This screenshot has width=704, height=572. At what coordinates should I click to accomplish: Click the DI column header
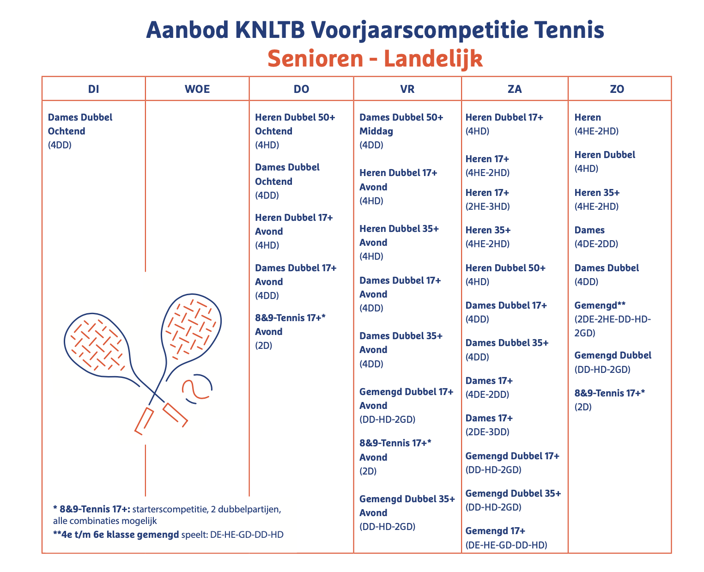coord(94,89)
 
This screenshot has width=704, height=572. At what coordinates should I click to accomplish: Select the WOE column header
coord(197,89)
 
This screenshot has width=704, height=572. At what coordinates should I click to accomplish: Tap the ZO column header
coord(617,89)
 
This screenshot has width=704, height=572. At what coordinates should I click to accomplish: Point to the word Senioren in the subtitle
coord(315,59)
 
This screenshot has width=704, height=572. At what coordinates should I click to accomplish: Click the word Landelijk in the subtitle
coord(433,59)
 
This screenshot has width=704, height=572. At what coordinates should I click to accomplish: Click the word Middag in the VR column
coord(376,131)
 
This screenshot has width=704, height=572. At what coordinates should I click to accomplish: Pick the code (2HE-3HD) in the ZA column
coord(487,207)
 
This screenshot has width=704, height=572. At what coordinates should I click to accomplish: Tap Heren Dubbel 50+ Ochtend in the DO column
coord(295,124)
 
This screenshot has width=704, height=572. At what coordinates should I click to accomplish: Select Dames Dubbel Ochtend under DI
coord(80,124)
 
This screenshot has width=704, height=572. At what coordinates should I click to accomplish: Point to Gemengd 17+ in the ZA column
coord(495,531)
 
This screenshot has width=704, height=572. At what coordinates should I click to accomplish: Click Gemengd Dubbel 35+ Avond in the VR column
coord(407,506)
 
